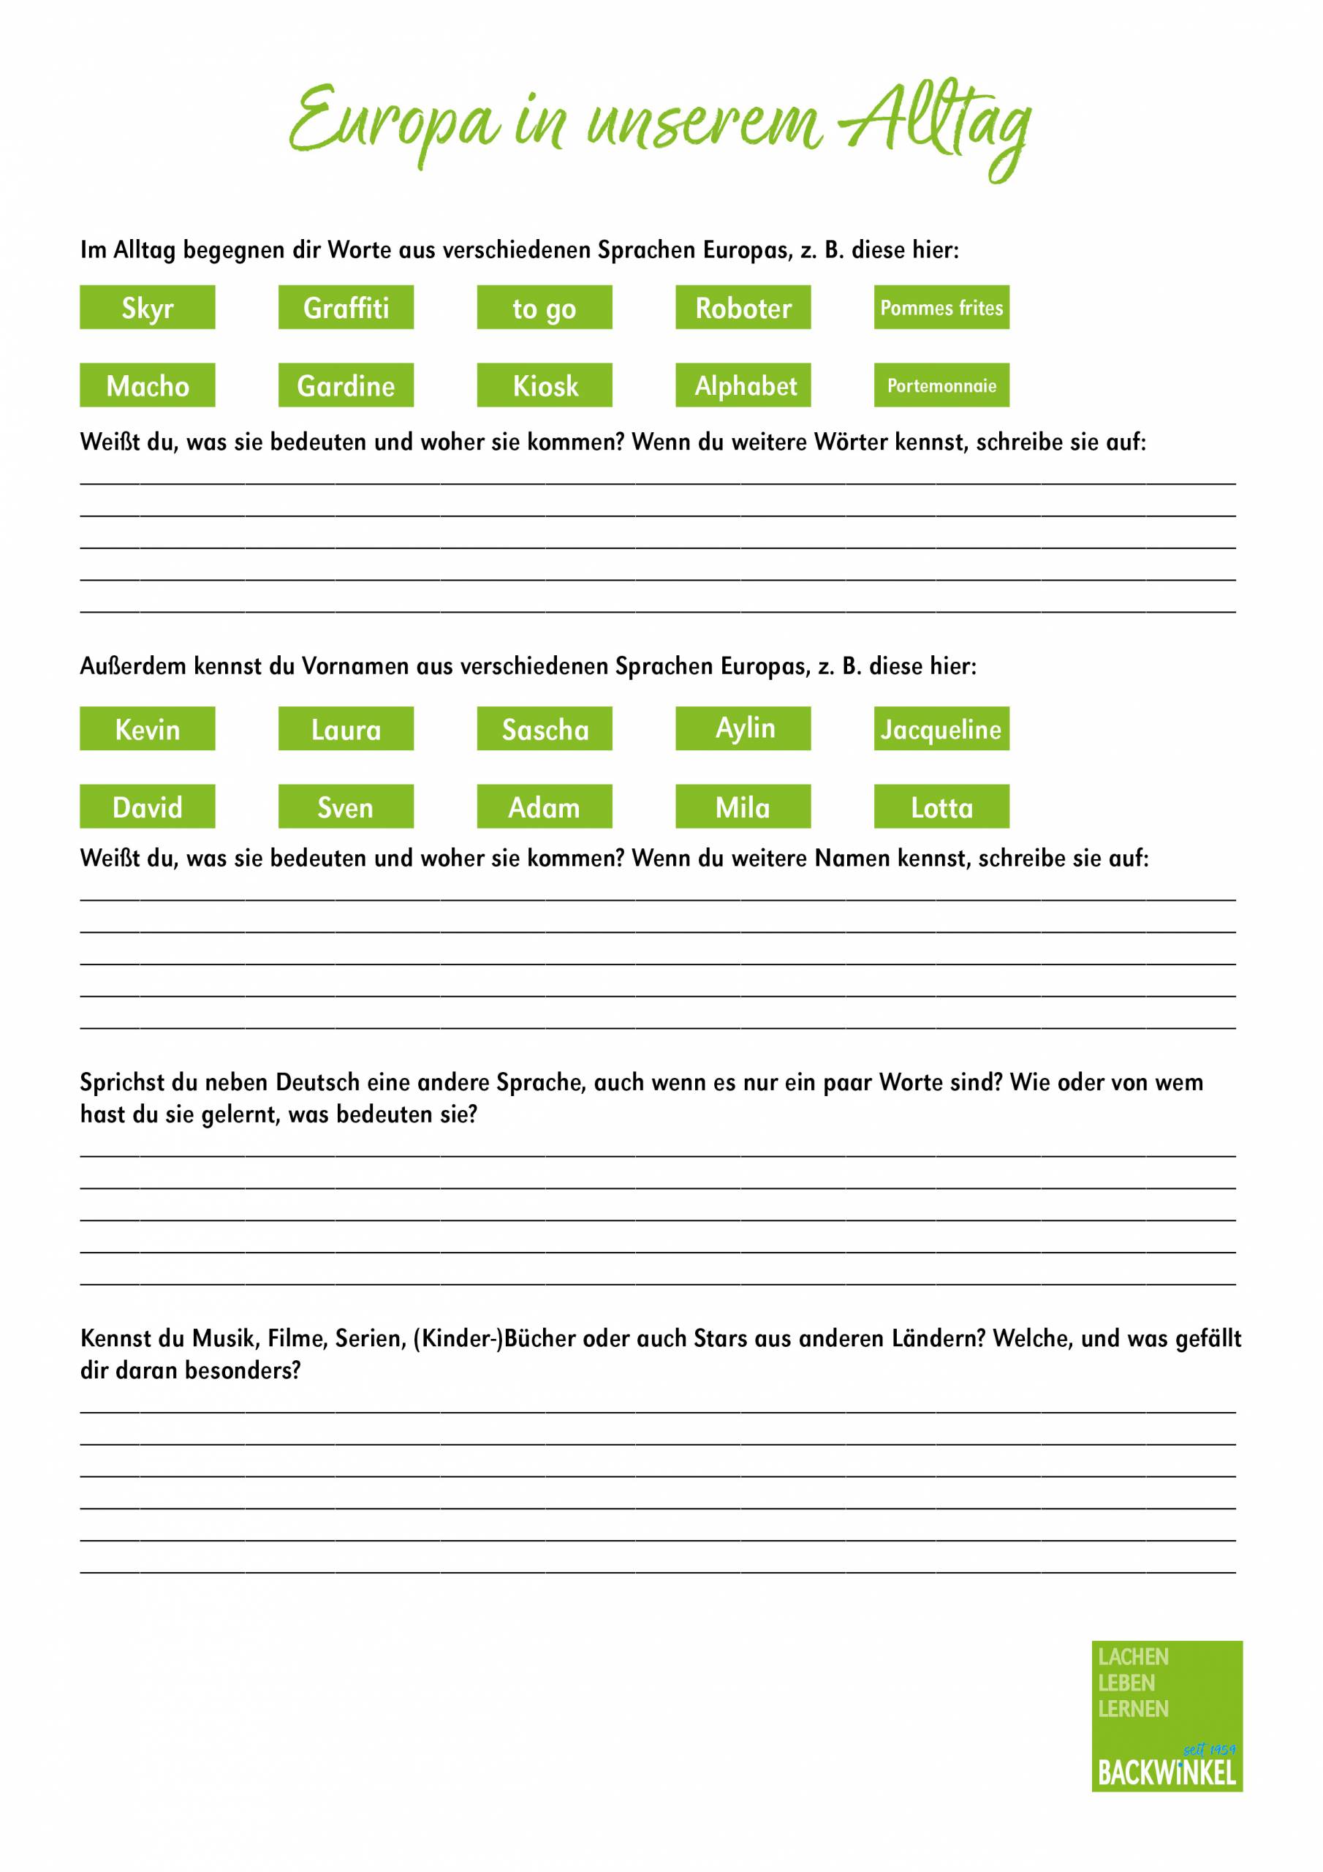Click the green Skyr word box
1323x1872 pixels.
(x=148, y=307)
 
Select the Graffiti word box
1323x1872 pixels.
(x=346, y=307)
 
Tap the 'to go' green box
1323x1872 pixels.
(x=545, y=307)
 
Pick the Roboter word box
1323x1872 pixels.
(x=743, y=307)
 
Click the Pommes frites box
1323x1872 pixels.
(x=941, y=307)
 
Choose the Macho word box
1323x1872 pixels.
(x=148, y=385)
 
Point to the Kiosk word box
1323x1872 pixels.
(x=545, y=385)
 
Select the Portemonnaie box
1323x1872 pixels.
(x=941, y=385)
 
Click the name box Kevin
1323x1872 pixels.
(x=148, y=728)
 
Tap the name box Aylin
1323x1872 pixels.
(x=743, y=728)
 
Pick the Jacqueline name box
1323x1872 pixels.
(x=941, y=728)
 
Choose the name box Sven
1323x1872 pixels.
(x=346, y=807)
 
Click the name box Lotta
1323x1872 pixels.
(x=941, y=807)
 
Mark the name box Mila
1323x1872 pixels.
(x=743, y=807)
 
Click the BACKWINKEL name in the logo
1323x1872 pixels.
(x=1167, y=1773)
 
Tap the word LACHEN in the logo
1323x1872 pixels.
(x=1133, y=1657)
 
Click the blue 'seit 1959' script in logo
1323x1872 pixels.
(x=1209, y=1749)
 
